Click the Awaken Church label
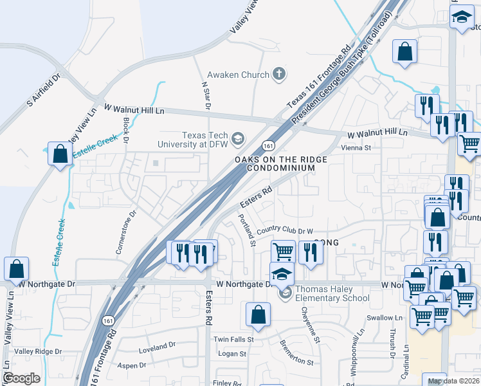coord(237,75)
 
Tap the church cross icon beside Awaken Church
coord(278,75)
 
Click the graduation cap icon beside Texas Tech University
coord(238,138)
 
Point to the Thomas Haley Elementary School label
coord(332,293)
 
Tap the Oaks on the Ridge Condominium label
coord(280,163)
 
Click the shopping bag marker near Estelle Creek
coord(60,154)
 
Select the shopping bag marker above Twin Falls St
coord(258,315)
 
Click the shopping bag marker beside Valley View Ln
coord(16,269)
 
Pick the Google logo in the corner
coord(21,378)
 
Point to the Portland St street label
coord(248,229)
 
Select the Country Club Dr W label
coord(284,231)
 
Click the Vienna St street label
coord(356,147)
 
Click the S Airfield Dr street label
coord(42,91)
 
